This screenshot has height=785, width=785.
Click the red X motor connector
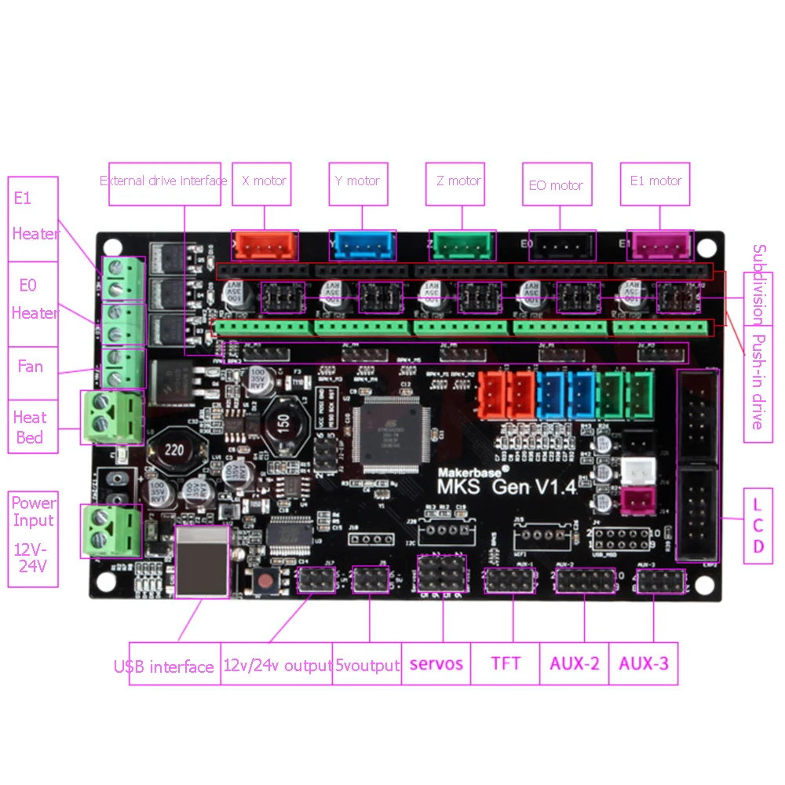(x=265, y=246)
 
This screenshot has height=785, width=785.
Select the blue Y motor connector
(x=362, y=246)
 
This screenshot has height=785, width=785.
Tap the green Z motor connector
(x=462, y=246)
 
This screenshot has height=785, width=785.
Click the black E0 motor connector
(x=561, y=246)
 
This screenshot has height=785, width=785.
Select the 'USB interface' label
(x=164, y=667)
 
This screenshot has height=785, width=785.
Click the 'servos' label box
(x=436, y=664)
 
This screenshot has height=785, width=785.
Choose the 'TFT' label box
(x=506, y=664)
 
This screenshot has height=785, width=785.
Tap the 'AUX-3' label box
(x=643, y=664)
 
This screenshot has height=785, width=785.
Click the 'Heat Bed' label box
(x=30, y=427)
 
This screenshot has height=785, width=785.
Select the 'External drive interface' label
(x=163, y=181)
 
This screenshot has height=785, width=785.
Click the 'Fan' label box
(x=31, y=367)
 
